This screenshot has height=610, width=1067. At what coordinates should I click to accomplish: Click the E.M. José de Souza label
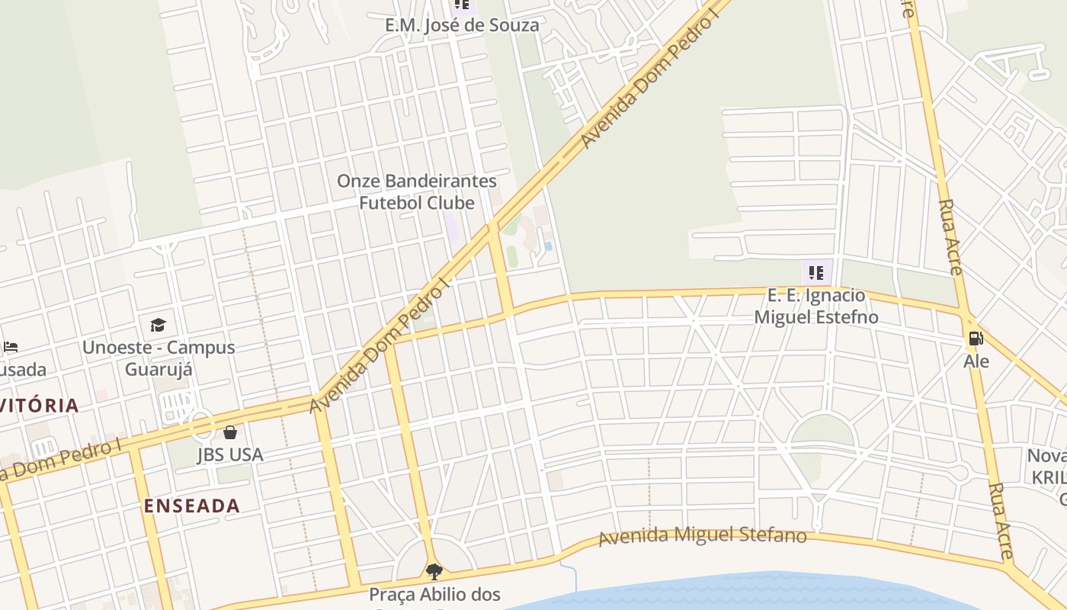[x=462, y=25]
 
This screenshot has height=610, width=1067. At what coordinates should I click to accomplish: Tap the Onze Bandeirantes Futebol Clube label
[x=417, y=192]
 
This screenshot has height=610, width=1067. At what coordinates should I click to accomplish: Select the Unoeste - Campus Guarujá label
[x=159, y=358]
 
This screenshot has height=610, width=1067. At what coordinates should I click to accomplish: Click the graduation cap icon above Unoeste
[x=158, y=326]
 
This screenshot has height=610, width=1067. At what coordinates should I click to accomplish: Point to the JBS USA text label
[x=230, y=455]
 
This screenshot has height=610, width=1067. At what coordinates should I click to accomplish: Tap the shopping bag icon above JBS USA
[x=230, y=433]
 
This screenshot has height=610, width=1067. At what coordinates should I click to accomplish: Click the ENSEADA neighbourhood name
[x=192, y=506]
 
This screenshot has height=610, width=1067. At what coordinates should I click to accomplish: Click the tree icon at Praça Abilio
[x=434, y=571]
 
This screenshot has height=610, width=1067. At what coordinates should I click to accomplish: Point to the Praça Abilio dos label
[x=434, y=594]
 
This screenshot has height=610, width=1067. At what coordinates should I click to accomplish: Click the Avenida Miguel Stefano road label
[x=702, y=536]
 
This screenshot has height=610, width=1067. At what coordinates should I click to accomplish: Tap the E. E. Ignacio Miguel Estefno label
[x=816, y=306]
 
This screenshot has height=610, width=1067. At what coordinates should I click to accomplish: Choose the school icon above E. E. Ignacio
[x=816, y=272]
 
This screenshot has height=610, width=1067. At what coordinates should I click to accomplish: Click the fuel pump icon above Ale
[x=975, y=338]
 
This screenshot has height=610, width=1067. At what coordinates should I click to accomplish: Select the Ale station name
[x=976, y=361]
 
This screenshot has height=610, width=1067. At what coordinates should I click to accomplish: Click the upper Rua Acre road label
[x=950, y=236]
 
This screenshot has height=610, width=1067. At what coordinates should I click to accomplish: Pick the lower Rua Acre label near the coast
[x=1001, y=510]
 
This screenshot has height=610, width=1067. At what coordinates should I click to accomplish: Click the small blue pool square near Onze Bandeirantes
[x=548, y=246]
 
